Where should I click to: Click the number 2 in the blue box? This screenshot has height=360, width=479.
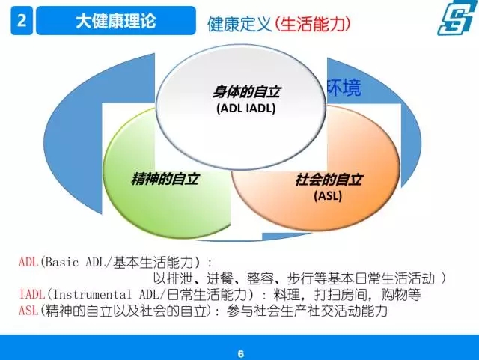22,21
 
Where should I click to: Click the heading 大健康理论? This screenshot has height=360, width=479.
116,21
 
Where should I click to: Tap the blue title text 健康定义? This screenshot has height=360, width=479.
239,24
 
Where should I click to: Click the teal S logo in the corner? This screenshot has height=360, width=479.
456,18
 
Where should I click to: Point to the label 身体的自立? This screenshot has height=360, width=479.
246,91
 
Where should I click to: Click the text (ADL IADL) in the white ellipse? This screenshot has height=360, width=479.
246,109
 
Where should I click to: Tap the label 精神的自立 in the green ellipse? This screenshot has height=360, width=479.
165,179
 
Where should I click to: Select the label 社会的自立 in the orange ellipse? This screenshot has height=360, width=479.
329,180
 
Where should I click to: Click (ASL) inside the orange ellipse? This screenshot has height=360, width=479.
328,195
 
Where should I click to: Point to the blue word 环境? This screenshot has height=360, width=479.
344,88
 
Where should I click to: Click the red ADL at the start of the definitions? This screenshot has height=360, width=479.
28,262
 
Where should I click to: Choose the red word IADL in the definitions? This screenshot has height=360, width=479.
31,294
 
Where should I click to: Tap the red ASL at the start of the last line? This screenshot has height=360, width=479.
28,311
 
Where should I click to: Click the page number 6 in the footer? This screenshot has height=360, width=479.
241,354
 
